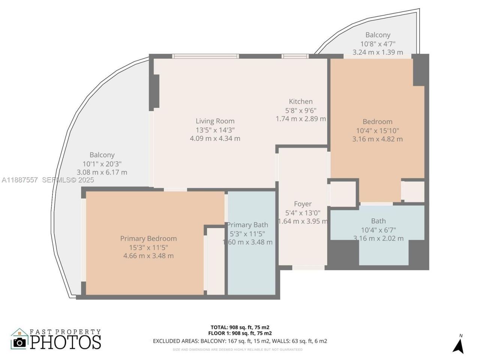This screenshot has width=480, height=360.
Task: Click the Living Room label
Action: [x=215, y=121]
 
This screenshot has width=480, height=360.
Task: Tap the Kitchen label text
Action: [x=300, y=102]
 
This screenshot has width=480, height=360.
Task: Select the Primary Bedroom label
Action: [x=148, y=238]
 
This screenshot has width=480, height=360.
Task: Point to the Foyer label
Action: [x=303, y=204]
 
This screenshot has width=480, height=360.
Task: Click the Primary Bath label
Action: [x=248, y=225]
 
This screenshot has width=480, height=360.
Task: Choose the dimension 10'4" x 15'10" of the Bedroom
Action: [x=377, y=130]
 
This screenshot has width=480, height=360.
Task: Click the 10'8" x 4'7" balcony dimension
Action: [x=378, y=44]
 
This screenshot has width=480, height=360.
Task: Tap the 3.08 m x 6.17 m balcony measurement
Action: [x=102, y=172]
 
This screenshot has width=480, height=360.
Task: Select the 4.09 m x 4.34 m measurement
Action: [x=215, y=138]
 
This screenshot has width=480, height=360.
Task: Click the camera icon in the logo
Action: [x=19, y=342]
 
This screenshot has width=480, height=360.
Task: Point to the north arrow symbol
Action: [x=458, y=345]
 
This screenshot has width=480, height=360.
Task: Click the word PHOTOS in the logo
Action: [x=66, y=342]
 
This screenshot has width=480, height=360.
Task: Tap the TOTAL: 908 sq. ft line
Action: [x=240, y=327]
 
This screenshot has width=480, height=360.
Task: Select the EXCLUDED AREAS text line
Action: [x=240, y=341]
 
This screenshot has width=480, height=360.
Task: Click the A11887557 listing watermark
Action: [x=19, y=180]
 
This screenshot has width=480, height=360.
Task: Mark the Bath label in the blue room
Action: [x=378, y=221]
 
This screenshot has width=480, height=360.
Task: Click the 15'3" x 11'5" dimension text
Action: [x=148, y=247]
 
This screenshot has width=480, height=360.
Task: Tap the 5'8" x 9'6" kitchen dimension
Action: [x=300, y=111]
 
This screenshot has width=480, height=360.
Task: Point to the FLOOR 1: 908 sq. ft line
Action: [x=240, y=333]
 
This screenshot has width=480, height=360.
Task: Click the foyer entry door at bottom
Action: [x=308, y=268]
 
